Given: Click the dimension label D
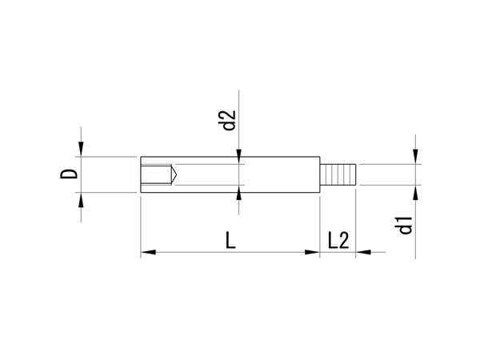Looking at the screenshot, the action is (69, 174).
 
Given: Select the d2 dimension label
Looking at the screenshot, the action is (229, 120).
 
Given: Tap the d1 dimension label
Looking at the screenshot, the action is (406, 225).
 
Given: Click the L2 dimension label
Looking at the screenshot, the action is (338, 240).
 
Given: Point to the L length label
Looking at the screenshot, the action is (230, 240).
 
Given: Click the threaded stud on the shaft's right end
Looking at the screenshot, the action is (338, 174).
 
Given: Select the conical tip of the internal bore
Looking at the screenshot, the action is (174, 174).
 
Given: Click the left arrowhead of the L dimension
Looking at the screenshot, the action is (148, 252).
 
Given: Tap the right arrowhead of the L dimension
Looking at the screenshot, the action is (312, 252).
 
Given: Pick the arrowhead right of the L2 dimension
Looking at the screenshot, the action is (363, 252).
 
